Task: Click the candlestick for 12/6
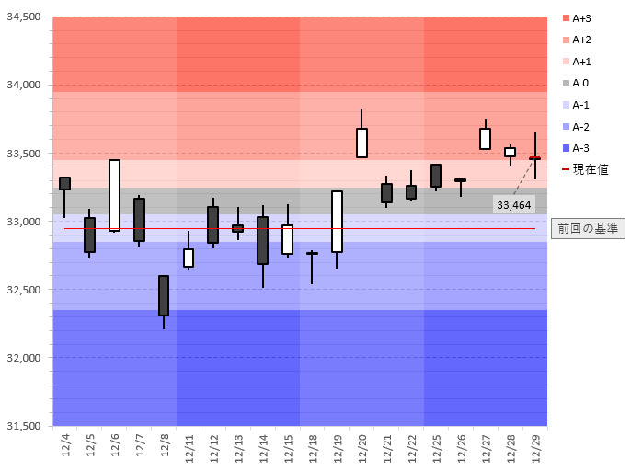coord(114,195)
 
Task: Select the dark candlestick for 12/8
coord(164,295)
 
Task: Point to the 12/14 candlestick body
coord(263,240)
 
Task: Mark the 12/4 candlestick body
coord(64,183)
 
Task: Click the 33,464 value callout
coord(514,205)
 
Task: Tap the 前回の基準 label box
coord(588,228)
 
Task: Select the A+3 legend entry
coord(577,18)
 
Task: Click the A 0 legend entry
coord(576,83)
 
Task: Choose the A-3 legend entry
coord(576,148)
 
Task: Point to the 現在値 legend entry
coord(585,169)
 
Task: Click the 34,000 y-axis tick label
coord(24,85)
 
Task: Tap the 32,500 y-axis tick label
coord(24,290)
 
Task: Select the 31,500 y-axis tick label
coord(24,426)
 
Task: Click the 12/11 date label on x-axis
coord(189,448)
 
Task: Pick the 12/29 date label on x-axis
coord(535,448)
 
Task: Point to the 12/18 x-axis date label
coord(313,448)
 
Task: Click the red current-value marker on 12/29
coord(534,158)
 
